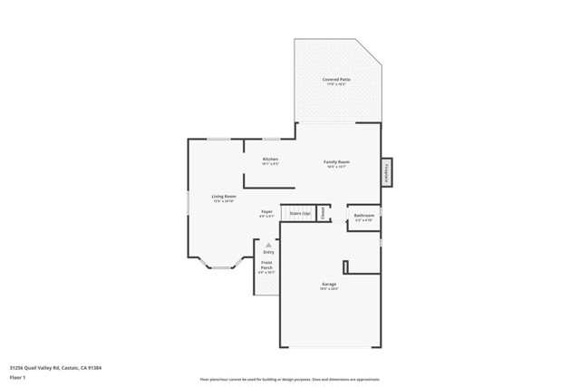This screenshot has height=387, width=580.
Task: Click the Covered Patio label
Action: tap(337, 80)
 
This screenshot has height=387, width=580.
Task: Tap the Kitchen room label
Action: tap(270, 160)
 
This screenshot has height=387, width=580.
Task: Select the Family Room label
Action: tap(337, 162)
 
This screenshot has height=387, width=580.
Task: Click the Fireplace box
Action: tap(386, 170)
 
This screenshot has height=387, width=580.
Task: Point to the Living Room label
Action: tap(224, 197)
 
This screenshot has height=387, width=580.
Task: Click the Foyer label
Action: tap(267, 211)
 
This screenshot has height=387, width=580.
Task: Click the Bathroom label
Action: tap(363, 216)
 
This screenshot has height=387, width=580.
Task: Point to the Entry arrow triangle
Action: tap(268, 244)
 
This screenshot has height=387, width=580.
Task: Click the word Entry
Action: tap(268, 252)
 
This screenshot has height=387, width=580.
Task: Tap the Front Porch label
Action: tap(267, 266)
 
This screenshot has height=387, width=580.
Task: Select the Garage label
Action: tap(329, 284)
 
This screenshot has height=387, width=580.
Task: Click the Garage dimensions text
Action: tap(329, 289)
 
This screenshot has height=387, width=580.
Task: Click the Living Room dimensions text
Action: tap(224, 201)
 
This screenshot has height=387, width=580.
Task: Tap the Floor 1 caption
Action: tap(17, 379)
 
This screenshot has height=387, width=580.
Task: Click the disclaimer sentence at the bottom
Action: tap(290, 379)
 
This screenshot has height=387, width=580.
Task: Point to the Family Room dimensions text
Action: tap(337, 167)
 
